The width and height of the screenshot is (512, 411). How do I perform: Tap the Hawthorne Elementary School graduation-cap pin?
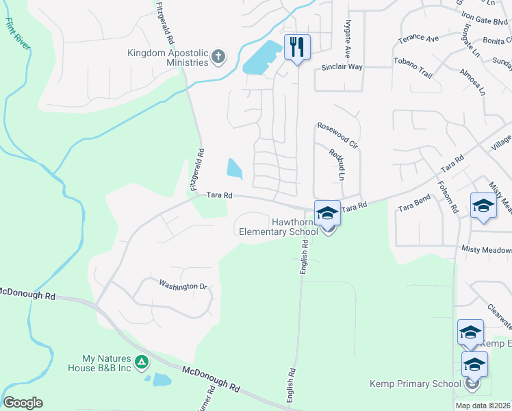327,213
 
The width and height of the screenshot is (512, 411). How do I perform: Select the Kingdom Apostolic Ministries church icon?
218,57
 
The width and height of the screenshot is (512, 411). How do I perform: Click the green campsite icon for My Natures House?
142,361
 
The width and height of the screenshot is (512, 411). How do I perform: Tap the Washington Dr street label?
183,285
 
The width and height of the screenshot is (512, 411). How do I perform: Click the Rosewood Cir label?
337,136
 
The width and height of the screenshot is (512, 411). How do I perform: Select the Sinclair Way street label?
342,68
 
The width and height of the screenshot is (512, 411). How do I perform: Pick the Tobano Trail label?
413,61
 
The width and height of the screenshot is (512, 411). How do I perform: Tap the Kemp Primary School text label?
415,384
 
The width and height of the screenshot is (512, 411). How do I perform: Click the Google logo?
23,403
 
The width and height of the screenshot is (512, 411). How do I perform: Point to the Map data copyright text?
483,406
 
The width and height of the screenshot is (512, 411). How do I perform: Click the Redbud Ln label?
336,164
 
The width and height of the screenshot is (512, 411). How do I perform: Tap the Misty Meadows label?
486,251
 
